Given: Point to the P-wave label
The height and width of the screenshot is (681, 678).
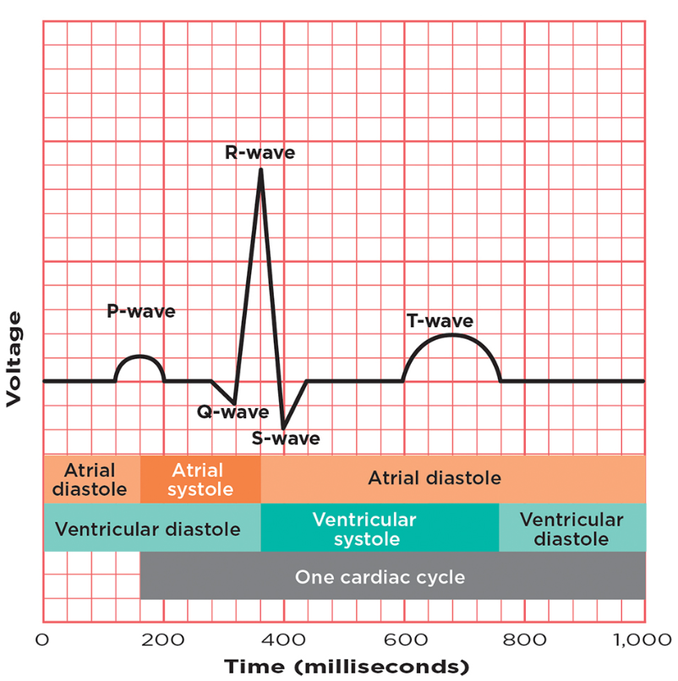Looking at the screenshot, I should [140, 311].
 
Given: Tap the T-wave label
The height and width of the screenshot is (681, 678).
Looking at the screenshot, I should [440, 321].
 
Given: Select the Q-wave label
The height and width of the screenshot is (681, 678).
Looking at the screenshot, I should [232, 413].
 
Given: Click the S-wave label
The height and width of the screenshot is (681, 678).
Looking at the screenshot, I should [286, 439].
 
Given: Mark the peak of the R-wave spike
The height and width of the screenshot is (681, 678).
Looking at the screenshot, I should [260, 171].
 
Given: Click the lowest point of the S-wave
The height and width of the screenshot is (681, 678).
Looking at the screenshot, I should [283, 428].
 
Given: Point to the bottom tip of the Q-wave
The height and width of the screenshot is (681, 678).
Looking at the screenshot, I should [234, 404].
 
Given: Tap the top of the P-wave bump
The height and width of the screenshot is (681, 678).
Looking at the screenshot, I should [139, 356].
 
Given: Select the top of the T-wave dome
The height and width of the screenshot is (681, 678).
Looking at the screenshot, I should [452, 335].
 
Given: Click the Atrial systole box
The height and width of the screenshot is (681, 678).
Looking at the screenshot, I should [200, 480].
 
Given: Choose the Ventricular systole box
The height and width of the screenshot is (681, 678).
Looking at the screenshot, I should [379, 528].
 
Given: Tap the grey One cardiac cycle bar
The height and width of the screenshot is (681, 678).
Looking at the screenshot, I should [392, 577].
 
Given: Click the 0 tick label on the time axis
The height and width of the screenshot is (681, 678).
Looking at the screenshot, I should [44, 639].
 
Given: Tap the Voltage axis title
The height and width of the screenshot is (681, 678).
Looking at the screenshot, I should [14, 359].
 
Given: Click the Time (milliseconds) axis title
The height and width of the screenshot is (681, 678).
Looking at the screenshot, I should [345, 667].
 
